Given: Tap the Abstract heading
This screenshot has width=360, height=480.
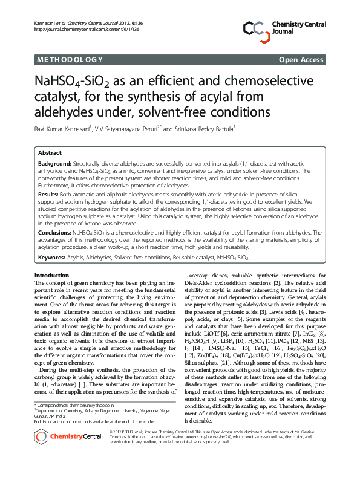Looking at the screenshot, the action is coord(50,153).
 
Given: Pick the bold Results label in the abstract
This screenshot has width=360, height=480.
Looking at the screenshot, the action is coord(48,195).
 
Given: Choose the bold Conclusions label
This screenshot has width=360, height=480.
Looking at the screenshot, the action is coord(54,232).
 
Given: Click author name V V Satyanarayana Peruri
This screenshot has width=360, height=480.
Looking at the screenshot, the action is coord(129,128).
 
